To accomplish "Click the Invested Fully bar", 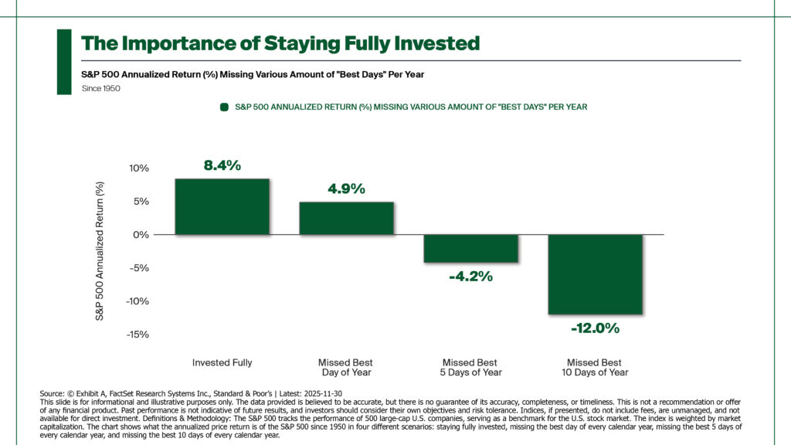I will coord(222,206).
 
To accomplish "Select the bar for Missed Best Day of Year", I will coord(347,218).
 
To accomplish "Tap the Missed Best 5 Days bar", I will coord(471,248).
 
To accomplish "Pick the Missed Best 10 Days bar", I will coord(596,274).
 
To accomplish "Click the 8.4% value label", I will coord(222,165).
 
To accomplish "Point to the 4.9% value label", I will coord(346,189).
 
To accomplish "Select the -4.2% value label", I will coord(470,276).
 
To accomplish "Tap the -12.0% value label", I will coord(595,328).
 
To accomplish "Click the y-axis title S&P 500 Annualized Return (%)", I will coord(99,251).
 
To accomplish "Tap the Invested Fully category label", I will coord(222,362).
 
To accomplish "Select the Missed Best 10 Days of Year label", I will coord(595,367).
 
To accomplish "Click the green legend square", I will coord(224,107).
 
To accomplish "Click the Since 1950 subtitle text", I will coord(100,89).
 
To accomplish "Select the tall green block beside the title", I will coord(64,62).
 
